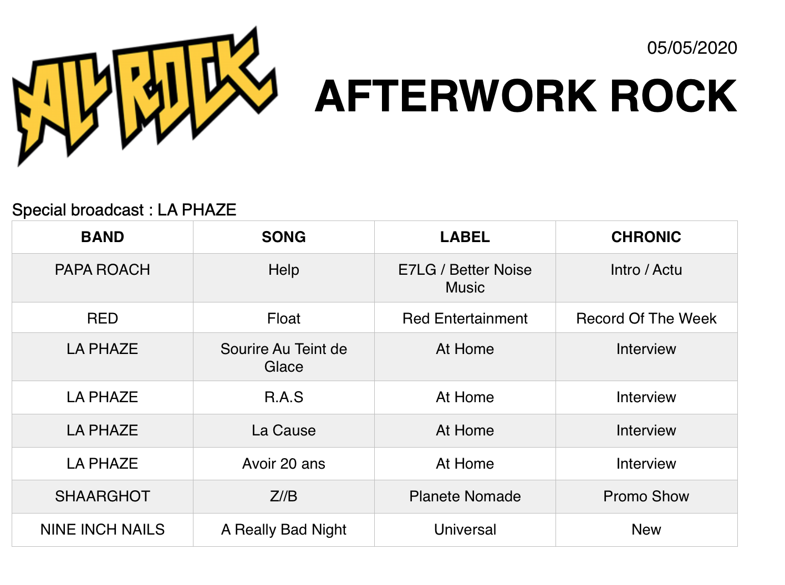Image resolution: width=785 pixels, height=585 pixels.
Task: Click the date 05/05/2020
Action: [x=692, y=48]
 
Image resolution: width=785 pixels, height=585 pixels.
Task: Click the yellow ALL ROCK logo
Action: [x=145, y=96]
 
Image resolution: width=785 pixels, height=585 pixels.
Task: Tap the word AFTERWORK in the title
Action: [x=456, y=96]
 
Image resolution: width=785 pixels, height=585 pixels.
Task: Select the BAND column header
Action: [x=103, y=237]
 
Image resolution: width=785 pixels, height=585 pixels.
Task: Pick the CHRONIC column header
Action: [x=646, y=237]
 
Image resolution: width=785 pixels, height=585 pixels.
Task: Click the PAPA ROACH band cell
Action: [x=102, y=270]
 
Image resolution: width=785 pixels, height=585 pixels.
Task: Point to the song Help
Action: [x=284, y=270]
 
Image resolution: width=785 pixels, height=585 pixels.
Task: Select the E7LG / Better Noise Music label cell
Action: [x=465, y=279]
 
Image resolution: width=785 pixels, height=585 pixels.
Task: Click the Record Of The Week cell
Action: [x=646, y=319]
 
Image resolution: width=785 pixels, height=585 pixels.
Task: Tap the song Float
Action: [x=284, y=319]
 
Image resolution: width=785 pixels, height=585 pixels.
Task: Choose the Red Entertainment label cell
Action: [x=465, y=319]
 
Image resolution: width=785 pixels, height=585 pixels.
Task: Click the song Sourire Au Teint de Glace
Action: [x=284, y=358]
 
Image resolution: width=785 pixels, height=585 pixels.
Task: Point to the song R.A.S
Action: [x=284, y=397]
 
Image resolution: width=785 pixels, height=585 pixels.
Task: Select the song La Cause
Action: [x=284, y=430]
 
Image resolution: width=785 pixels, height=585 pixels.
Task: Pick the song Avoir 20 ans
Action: [x=284, y=464]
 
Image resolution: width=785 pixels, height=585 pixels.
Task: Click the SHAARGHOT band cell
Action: [x=102, y=496]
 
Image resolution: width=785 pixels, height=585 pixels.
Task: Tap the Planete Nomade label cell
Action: [x=465, y=496]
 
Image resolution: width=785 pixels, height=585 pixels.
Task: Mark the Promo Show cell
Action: [x=646, y=496]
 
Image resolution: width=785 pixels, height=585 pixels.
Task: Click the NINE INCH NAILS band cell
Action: [x=102, y=530]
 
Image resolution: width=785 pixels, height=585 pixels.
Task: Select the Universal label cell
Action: [x=465, y=530]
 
